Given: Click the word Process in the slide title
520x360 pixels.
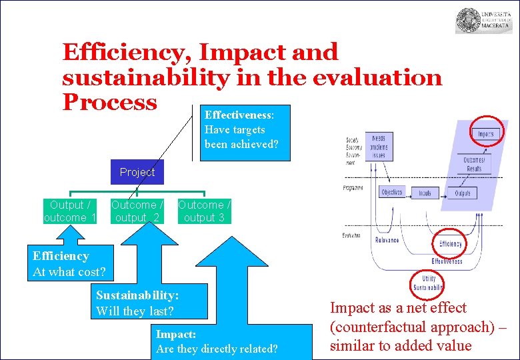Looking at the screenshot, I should [x=109, y=102].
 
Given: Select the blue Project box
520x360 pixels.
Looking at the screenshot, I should [x=137, y=172].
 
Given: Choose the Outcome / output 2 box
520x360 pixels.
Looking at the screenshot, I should [x=137, y=211].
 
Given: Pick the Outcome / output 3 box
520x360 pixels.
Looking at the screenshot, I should [x=204, y=211].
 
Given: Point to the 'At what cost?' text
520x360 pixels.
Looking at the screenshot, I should [x=69, y=271].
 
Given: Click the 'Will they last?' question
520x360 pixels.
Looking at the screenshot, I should [x=135, y=311].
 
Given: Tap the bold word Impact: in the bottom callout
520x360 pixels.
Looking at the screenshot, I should [x=175, y=335].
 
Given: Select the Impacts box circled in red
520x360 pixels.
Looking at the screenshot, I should [x=485, y=133].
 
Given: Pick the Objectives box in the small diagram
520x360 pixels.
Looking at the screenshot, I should [x=391, y=193].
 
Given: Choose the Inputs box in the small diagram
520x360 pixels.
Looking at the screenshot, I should [x=425, y=193].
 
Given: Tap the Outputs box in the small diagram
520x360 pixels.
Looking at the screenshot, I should [x=463, y=193].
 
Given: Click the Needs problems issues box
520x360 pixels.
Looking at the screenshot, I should [x=378, y=145].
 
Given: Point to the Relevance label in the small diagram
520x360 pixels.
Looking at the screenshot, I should [x=386, y=239].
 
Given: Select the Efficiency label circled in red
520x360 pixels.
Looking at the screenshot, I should [x=450, y=244].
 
